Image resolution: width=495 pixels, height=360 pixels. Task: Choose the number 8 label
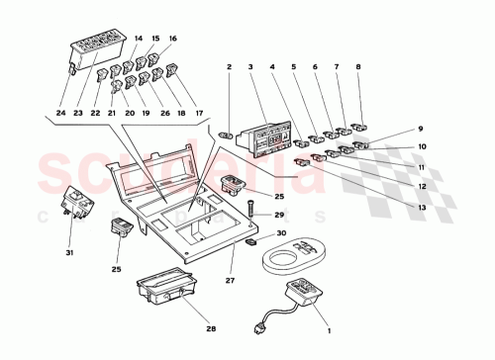(358, 68)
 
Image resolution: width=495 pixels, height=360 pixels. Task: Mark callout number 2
(228, 68)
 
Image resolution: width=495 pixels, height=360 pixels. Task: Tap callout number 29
(279, 215)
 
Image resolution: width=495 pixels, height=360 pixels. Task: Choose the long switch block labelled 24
(96, 53)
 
